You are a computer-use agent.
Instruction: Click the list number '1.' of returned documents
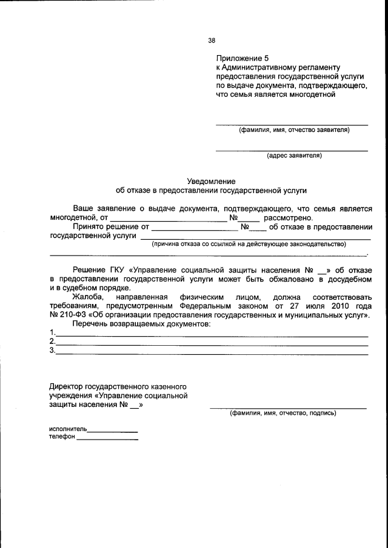[x=53, y=332]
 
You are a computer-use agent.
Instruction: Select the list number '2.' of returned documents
[x=53, y=342]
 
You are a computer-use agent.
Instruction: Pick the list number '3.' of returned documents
[x=53, y=350]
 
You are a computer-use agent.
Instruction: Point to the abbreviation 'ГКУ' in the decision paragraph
[x=118, y=269]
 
